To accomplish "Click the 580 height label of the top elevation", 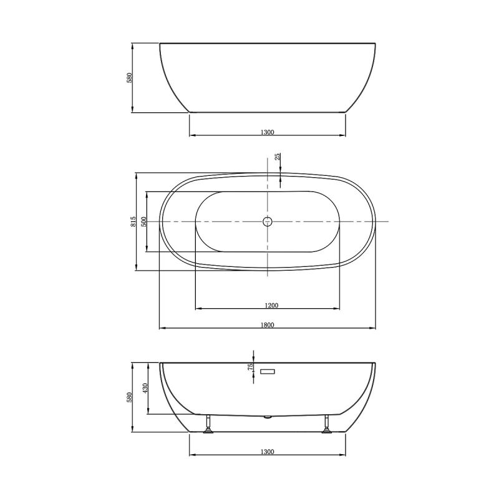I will coord(130,79).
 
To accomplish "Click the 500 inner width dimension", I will coord(144,221).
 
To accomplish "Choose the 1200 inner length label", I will coord(271,305).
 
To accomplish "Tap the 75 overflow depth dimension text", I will coord(251,367).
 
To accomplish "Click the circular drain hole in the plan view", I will coord(268,221).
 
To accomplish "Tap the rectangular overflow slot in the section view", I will coord(268,372).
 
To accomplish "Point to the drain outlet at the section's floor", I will coord(268,416).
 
